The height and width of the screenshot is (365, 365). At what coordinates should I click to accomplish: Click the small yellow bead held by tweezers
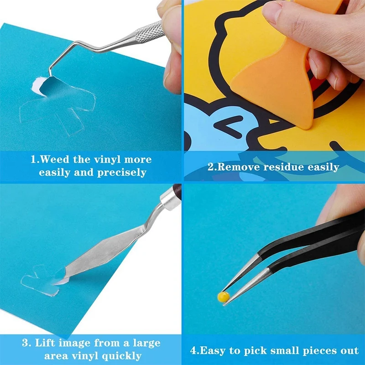coord(223,297)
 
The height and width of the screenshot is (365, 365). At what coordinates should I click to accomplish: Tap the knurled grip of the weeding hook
coord(149,32)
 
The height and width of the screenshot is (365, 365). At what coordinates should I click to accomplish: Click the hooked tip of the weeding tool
coord(50,73)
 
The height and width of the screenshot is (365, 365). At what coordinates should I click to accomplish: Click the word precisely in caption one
coord(122,173)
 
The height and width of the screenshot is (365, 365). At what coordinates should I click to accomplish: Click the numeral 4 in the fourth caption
coord(193,350)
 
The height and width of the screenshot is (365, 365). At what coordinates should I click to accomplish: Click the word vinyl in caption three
coord(84,356)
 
